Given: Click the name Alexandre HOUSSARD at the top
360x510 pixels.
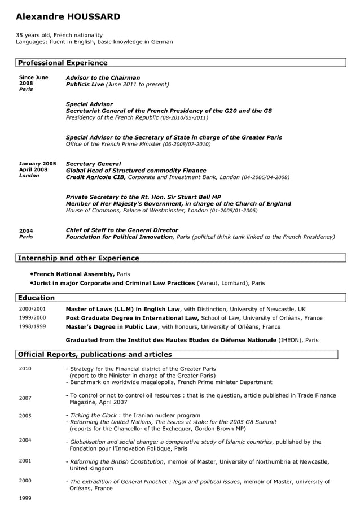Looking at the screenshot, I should click(68, 17).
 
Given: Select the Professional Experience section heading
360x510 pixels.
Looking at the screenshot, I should click(63, 63).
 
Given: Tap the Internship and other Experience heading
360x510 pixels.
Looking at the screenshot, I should click(78, 258).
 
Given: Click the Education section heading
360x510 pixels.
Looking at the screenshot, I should click(37, 298).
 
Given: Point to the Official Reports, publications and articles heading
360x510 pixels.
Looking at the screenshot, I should click(95, 355).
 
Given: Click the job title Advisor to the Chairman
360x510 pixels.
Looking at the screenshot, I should click(103, 77).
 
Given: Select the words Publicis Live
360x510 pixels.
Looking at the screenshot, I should click(85, 84).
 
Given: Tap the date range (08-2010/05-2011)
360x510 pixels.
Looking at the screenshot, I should click(184, 118).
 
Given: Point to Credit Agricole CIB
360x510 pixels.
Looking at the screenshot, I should click(96, 177).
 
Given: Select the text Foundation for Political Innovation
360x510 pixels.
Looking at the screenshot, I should click(119, 237).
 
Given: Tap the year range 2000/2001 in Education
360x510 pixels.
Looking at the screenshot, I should click(32, 309).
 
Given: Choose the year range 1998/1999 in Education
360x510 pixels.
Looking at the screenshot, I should click(32, 326).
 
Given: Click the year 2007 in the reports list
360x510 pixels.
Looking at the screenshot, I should click(25, 398).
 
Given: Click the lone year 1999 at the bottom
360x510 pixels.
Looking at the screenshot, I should click(25, 499).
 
